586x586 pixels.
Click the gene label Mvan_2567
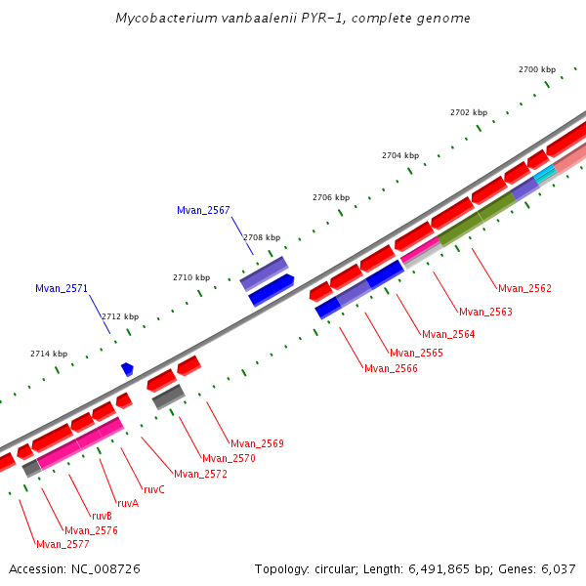tap(203, 210)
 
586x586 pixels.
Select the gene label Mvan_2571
tap(62, 288)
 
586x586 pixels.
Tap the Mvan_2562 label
tap(524, 288)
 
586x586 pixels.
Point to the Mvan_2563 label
tap(485, 312)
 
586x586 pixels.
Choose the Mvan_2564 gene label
tap(448, 334)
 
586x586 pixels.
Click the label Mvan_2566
tap(391, 368)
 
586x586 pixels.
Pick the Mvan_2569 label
tap(257, 443)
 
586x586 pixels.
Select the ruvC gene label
tap(153, 489)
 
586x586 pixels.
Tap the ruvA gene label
tap(128, 503)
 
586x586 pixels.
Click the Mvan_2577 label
tap(63, 544)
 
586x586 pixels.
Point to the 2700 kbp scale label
tap(536, 69)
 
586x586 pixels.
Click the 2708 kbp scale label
tap(261, 237)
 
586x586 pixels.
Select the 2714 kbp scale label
tap(49, 354)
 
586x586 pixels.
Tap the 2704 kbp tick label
tap(399, 155)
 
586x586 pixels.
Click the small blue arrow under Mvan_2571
tap(127, 369)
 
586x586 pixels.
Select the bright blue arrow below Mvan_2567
tap(272, 290)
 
